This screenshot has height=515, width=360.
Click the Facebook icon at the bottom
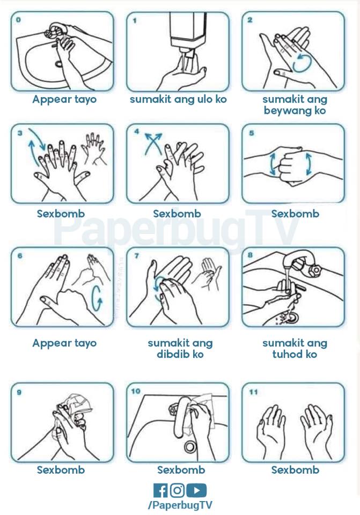[x=160, y=490]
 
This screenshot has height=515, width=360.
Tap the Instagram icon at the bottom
[x=177, y=490]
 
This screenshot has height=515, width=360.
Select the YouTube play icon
[x=196, y=490]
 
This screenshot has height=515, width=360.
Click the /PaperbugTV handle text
[x=180, y=505]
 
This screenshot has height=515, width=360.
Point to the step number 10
[x=136, y=391]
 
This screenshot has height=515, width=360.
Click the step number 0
[x=18, y=20]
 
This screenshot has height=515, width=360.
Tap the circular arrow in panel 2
[x=301, y=63]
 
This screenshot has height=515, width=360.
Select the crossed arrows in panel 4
[x=154, y=143]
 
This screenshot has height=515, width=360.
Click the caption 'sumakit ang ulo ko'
[x=178, y=99]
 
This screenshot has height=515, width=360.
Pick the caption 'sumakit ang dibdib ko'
[x=180, y=349]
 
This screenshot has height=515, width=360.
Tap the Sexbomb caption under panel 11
[x=295, y=470]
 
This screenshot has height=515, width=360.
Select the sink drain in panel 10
[x=190, y=446]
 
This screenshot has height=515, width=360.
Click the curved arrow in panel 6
[x=97, y=298]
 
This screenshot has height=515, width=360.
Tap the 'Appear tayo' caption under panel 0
[x=64, y=100]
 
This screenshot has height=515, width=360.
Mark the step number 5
[x=252, y=133]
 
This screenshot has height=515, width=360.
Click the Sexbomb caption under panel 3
[x=61, y=214]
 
